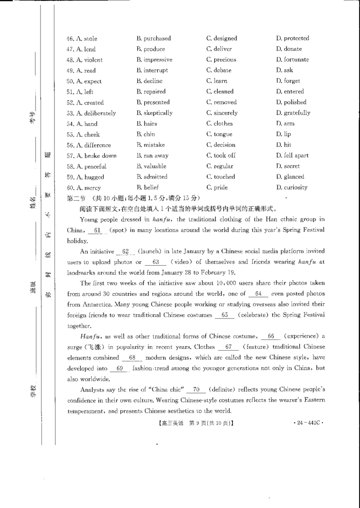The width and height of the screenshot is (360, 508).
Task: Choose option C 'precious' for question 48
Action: coord(221,60)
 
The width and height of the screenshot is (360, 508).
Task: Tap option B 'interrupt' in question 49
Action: coord(152,71)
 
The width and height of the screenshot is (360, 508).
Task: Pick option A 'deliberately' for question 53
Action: coord(91,113)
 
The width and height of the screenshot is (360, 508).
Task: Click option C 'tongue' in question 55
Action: coord(219,134)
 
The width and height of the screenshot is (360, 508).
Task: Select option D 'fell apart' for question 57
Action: coord(292,156)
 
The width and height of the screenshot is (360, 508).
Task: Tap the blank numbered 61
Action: coord(95,231)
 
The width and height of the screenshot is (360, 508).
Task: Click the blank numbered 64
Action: coord(258,294)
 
